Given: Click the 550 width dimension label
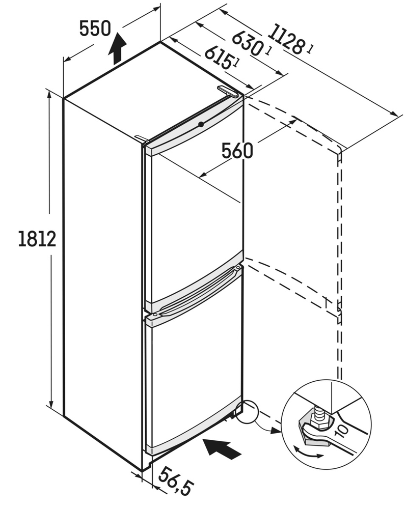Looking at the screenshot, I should [x=95, y=30].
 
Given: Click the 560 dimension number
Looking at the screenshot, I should [x=237, y=151].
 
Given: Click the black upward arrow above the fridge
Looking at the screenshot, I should [x=117, y=48].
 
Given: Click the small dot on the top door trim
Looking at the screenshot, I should [x=201, y=124].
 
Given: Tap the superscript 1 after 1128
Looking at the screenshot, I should [x=311, y=49].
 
